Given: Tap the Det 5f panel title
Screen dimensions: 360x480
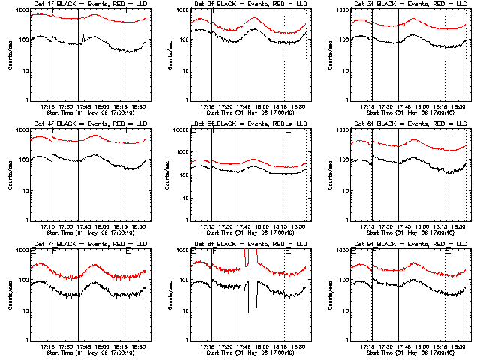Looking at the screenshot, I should coord(242,124).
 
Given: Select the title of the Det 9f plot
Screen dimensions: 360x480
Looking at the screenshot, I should coord(402,244).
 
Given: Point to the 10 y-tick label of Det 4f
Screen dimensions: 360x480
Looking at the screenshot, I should coord(25,190).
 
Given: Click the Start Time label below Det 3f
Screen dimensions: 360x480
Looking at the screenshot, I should coord(402,113).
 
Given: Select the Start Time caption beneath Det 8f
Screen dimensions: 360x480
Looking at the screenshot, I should coord(242,353).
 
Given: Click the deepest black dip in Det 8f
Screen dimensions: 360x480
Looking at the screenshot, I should coord(248,311).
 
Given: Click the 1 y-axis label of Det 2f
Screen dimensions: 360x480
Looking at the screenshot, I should coord(186,100).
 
